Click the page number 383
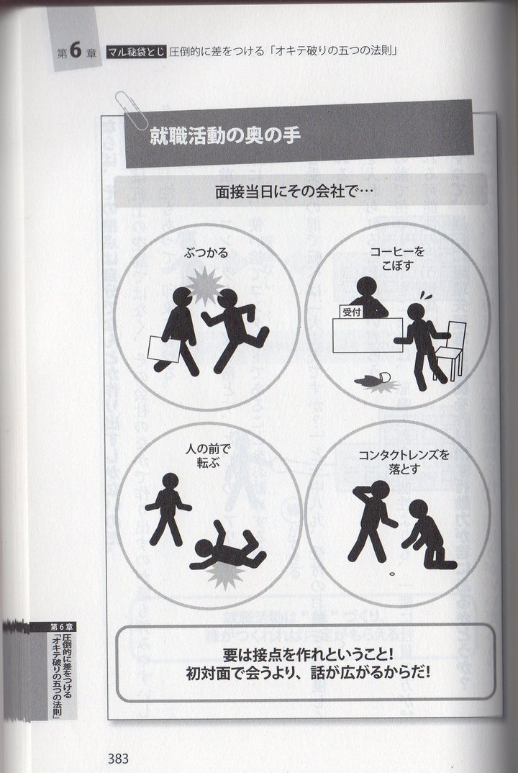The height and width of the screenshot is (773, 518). click(x=118, y=758)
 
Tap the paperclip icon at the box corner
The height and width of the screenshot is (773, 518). click(x=131, y=110)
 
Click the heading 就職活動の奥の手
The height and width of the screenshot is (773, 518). click(x=224, y=136)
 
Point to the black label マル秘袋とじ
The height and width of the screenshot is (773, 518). click(x=137, y=51)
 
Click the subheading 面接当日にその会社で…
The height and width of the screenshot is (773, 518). click(x=294, y=191)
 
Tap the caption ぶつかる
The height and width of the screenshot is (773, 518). click(x=206, y=253)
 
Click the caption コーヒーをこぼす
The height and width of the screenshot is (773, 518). click(x=397, y=258)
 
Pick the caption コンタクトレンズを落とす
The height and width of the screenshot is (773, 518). click(x=404, y=461)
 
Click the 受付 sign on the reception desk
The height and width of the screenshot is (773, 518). click(x=352, y=312)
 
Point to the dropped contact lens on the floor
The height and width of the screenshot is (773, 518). click(x=392, y=574)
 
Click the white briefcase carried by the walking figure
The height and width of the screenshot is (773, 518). click(x=163, y=348)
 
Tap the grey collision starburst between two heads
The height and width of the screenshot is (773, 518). click(x=205, y=285)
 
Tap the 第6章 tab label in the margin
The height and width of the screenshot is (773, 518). click(x=62, y=627)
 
